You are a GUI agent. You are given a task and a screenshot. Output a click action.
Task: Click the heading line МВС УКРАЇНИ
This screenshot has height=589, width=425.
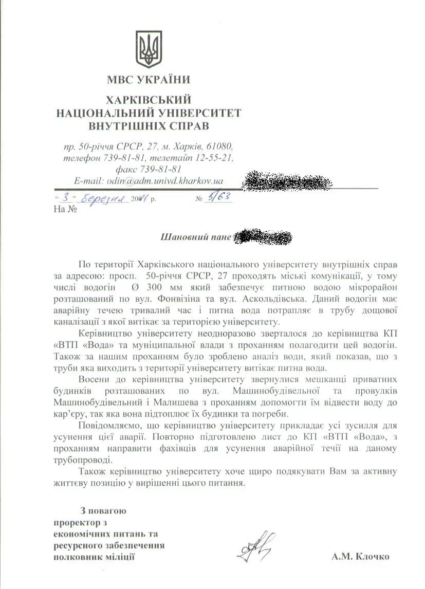coord(148,80)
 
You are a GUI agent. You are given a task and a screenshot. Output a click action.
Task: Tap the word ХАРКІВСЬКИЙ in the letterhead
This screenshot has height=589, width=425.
coord(148,99)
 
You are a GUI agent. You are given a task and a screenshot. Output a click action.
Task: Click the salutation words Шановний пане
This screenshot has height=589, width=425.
coord(196,237)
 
